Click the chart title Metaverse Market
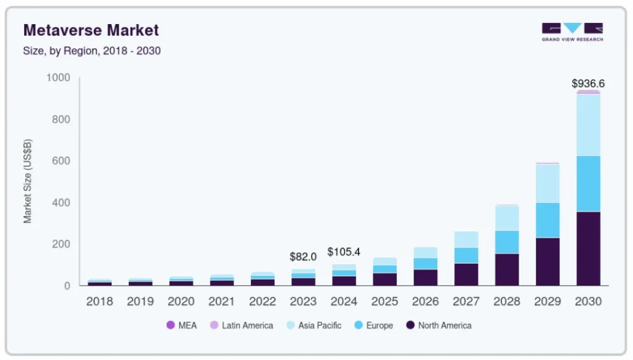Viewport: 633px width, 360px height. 91,30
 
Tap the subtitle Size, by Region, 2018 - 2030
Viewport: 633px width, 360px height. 91,51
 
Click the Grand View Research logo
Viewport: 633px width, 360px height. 572,32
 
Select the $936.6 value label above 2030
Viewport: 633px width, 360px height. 588,83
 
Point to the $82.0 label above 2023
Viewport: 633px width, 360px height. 303,257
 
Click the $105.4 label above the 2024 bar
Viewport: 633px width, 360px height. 344,252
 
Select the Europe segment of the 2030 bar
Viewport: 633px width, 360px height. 588,184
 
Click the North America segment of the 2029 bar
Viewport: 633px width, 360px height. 547,262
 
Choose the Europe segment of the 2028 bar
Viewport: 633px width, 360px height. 506,242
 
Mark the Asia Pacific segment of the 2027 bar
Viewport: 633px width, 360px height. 465,239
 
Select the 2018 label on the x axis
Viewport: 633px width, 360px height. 100,302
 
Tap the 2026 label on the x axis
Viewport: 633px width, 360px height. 425,302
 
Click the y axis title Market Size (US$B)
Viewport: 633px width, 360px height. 28,181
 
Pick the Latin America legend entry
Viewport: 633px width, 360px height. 241,325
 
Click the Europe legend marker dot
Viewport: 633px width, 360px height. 358,325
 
